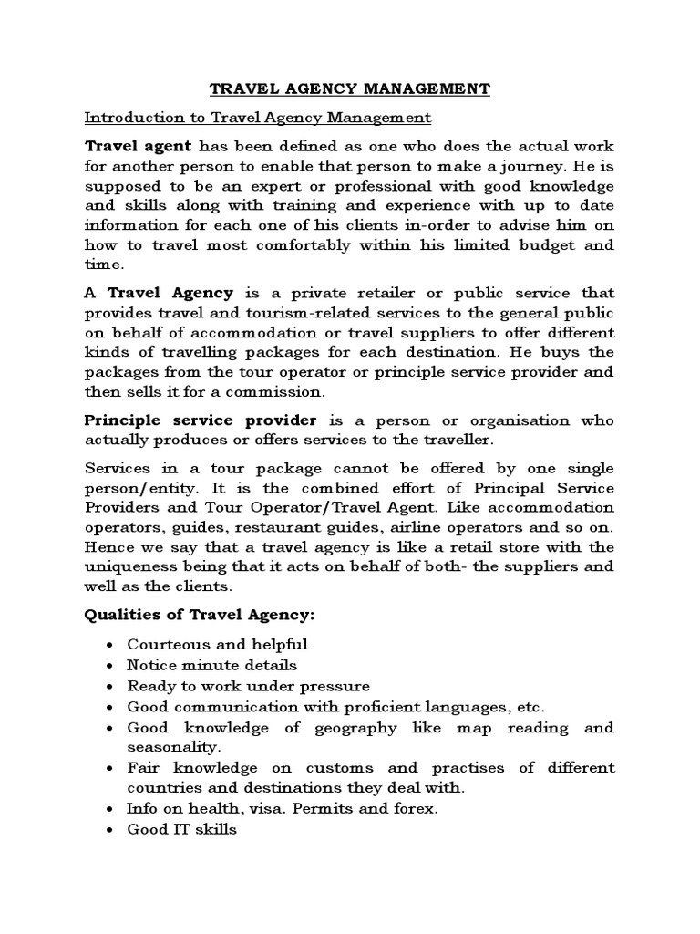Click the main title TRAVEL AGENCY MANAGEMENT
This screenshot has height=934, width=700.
coord(350,88)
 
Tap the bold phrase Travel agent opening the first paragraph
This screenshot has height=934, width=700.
coord(138,146)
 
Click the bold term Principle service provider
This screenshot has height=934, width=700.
coord(201,420)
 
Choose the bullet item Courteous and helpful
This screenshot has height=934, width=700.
coord(217,645)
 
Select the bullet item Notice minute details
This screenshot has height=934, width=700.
coord(211,666)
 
